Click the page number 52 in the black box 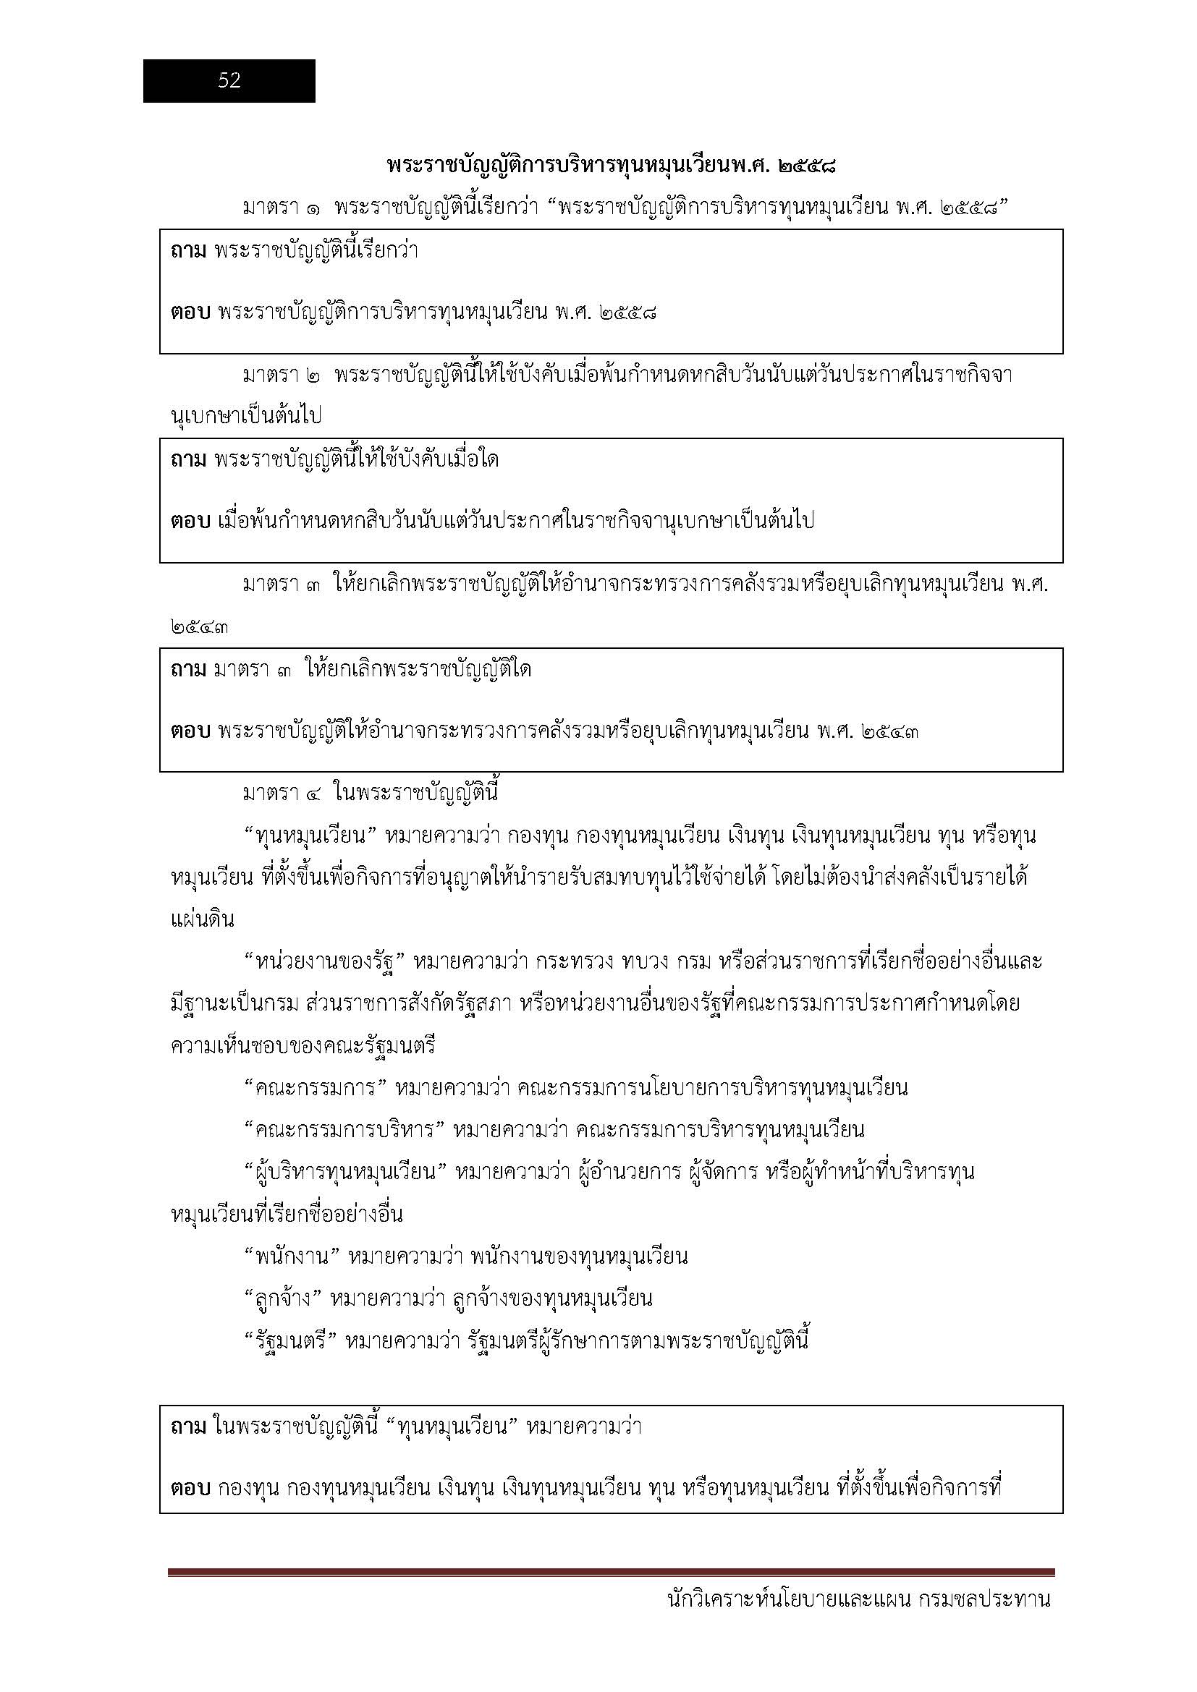(229, 80)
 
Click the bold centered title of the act (611, 166)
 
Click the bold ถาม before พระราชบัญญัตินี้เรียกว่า (188, 250)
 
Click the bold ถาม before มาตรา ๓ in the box (188, 670)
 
